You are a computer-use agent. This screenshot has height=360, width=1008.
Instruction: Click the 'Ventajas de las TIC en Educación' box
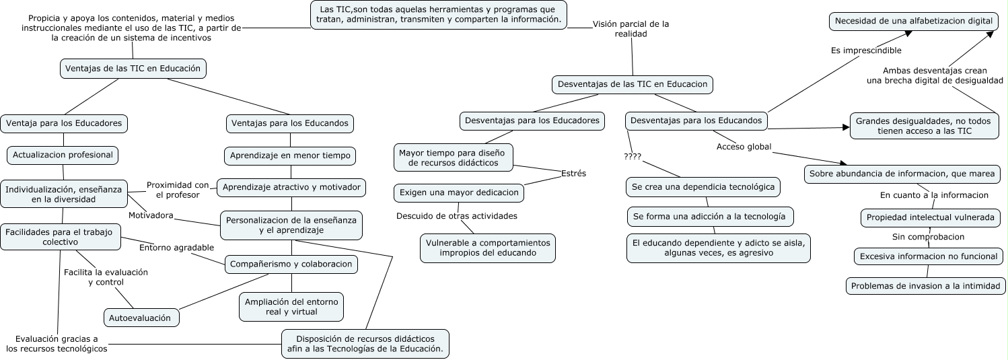click(x=133, y=68)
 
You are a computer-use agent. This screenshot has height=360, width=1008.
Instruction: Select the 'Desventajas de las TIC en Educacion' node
click(x=632, y=85)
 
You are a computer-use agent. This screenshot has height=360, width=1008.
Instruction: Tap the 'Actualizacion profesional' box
click(x=63, y=155)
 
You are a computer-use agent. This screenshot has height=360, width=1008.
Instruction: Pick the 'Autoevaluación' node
click(x=141, y=318)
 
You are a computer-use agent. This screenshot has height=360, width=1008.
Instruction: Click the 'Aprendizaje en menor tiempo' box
click(x=290, y=155)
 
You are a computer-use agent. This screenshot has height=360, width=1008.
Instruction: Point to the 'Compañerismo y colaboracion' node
click(x=291, y=264)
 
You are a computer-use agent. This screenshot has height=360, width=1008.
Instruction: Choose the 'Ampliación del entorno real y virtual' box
click(x=291, y=307)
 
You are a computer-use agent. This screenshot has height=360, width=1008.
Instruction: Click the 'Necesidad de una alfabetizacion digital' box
click(x=913, y=22)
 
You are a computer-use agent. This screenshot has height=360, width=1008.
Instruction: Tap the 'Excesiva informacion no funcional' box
click(x=927, y=256)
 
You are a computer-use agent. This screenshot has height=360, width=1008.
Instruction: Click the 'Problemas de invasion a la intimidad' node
click(x=926, y=286)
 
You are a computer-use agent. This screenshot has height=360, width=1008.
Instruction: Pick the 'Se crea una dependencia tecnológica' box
click(x=703, y=187)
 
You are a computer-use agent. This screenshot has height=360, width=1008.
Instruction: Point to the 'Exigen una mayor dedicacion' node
click(x=459, y=192)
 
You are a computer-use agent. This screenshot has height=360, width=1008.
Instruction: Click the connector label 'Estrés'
click(x=573, y=174)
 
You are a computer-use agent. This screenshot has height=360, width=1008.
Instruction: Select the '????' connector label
click(x=633, y=157)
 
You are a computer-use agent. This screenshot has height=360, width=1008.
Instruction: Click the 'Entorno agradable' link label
click(x=176, y=248)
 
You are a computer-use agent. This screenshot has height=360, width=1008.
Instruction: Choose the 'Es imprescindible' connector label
click(x=866, y=50)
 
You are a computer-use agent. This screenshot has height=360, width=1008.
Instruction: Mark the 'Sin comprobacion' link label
click(x=928, y=237)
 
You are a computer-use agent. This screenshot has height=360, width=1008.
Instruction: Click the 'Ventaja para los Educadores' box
click(x=64, y=123)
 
